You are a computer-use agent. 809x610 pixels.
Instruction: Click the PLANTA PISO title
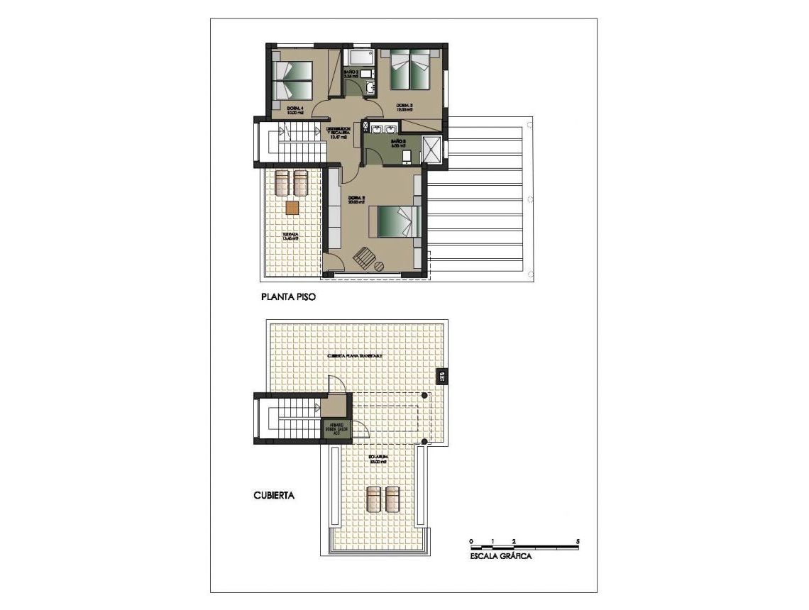[x=287, y=299]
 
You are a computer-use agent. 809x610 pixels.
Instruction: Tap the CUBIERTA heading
[x=274, y=496]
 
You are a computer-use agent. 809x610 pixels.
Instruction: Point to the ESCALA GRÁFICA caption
[x=501, y=557]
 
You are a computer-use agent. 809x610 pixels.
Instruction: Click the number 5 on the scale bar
[x=578, y=541]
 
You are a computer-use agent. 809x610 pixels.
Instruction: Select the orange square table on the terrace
[x=292, y=207]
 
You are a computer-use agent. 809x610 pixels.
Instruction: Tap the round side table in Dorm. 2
[x=379, y=267]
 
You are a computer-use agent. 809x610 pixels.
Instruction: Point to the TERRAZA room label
[x=289, y=236]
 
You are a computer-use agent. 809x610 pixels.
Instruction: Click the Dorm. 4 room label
[x=296, y=110]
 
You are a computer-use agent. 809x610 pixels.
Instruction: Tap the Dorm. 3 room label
[x=404, y=108]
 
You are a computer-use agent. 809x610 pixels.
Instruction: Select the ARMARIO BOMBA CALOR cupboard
[x=334, y=430]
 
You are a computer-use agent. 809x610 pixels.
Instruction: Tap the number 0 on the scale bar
[x=470, y=541]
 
